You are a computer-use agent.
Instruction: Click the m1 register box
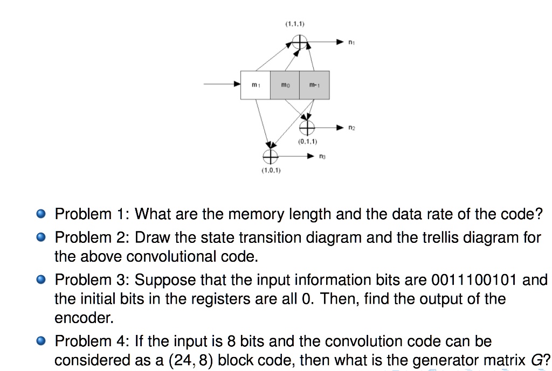coord(256,85)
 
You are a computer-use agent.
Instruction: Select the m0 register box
coord(285,85)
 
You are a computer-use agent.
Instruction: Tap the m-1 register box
coord(314,85)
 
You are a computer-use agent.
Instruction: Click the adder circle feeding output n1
coord(300,41)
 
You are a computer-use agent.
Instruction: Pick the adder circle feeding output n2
coord(307,128)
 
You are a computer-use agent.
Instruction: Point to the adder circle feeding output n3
coord(270,156)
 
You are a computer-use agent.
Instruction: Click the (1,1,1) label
coord(295,24)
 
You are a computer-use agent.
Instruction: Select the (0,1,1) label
coord(307,142)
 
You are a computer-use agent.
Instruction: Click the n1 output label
coord(351,41)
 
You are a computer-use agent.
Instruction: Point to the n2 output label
coord(351,128)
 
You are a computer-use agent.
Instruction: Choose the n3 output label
coord(322,157)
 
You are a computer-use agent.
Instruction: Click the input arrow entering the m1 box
coord(222,85)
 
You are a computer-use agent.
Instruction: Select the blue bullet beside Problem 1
coord(40,214)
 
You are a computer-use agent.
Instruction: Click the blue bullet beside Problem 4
coord(40,341)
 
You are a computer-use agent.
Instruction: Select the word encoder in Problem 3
coord(84,318)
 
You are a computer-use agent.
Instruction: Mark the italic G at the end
coord(536,360)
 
